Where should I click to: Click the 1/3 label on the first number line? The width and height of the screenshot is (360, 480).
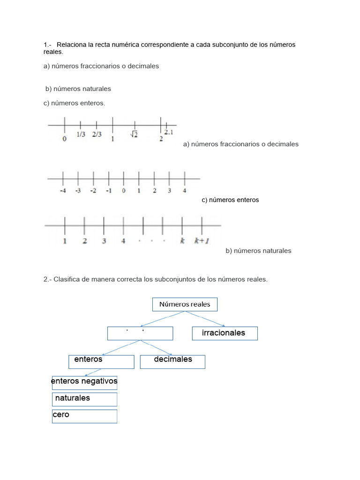pos(81,135)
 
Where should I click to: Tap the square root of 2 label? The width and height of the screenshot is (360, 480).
pos(134,135)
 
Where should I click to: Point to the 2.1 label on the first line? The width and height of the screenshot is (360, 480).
pos(169,133)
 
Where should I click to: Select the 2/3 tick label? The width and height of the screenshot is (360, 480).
pos(97,135)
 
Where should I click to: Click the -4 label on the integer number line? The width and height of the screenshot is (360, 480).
pos(62,191)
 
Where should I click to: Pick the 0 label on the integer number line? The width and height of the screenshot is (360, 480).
pos(124,191)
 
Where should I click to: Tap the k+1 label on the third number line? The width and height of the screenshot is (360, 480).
pos(202,241)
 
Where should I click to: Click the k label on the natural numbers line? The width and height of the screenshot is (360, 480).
pos(182,241)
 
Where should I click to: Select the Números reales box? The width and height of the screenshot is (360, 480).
pos(185,304)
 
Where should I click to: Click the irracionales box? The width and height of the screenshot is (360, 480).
pos(225,333)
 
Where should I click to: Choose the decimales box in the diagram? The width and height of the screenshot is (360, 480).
pos(172,361)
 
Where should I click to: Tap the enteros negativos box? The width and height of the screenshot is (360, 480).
pos(84,382)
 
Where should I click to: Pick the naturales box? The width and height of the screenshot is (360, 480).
pos(84,399)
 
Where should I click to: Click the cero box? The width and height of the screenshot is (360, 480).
pos(84,416)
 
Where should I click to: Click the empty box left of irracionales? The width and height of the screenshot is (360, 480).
pos(140,333)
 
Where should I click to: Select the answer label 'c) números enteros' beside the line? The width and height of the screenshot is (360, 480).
pos(230,200)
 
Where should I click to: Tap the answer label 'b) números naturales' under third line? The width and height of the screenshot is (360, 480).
pos(258,251)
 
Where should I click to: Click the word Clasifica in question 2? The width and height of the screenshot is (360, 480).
pos(67,279)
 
